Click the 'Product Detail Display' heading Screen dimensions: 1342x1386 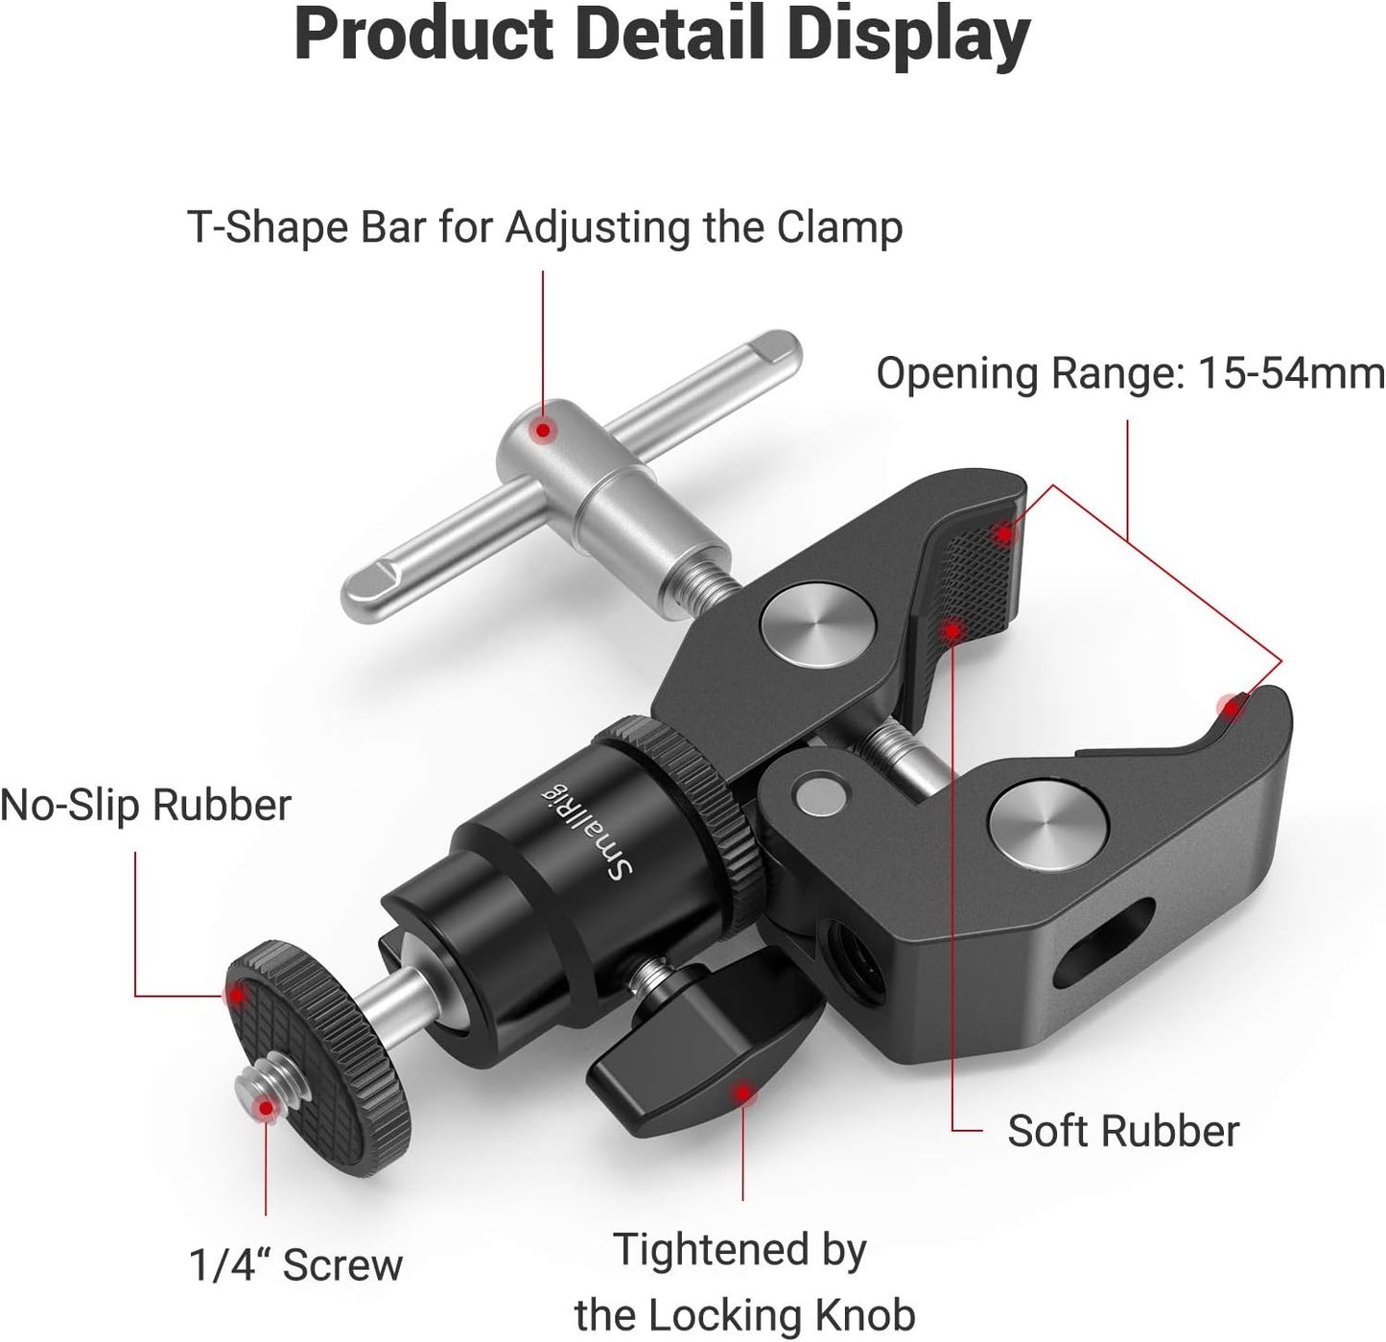[x=662, y=36]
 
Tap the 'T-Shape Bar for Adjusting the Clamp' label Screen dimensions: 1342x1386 [x=545, y=229]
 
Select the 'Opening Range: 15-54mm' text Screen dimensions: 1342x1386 [x=1130, y=374]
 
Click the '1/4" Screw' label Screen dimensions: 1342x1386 [x=295, y=1265]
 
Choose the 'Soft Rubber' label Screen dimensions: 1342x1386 [x=1122, y=1132]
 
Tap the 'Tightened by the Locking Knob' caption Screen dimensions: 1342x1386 [x=743, y=1282]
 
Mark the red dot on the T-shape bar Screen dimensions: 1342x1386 [x=543, y=431]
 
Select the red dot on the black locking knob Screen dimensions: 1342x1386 [x=741, y=1093]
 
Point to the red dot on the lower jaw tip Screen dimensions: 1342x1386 [x=1231, y=708]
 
